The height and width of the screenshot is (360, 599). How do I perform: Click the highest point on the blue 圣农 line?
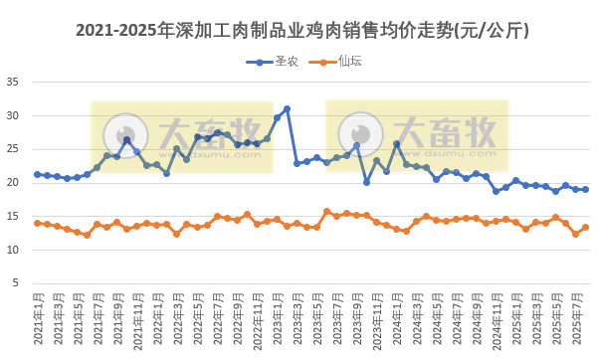click(x=287, y=108)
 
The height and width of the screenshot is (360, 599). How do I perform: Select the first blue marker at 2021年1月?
click(x=37, y=174)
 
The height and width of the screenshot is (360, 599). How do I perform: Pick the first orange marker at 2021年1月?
click(x=37, y=223)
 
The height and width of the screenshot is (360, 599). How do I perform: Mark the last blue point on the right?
click(x=585, y=189)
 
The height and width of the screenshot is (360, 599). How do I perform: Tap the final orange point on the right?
click(x=585, y=227)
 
